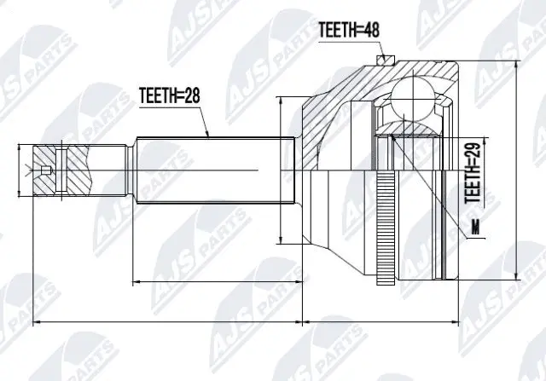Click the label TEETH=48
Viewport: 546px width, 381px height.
coord(349,30)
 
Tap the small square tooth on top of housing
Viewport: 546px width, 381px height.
coord(385,61)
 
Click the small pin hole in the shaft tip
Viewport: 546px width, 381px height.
coord(46,170)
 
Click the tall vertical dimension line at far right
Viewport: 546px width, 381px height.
coord(519,170)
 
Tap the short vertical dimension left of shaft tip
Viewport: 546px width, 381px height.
coord(19,170)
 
